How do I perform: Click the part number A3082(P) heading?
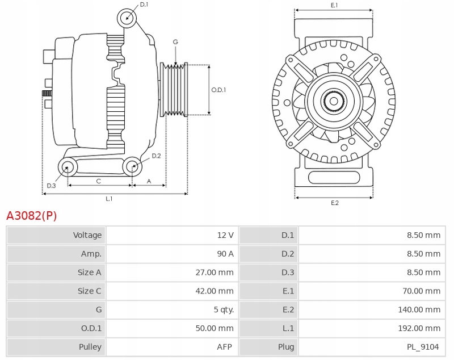(31, 216)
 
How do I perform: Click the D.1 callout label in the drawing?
(144, 5)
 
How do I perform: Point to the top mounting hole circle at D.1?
(127, 18)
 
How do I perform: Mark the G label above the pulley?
(175, 42)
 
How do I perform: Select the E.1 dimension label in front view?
(334, 5)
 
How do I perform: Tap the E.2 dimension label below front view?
(334, 203)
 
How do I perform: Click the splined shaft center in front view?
(334, 102)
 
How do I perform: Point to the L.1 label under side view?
(109, 199)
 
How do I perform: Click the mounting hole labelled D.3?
(68, 167)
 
